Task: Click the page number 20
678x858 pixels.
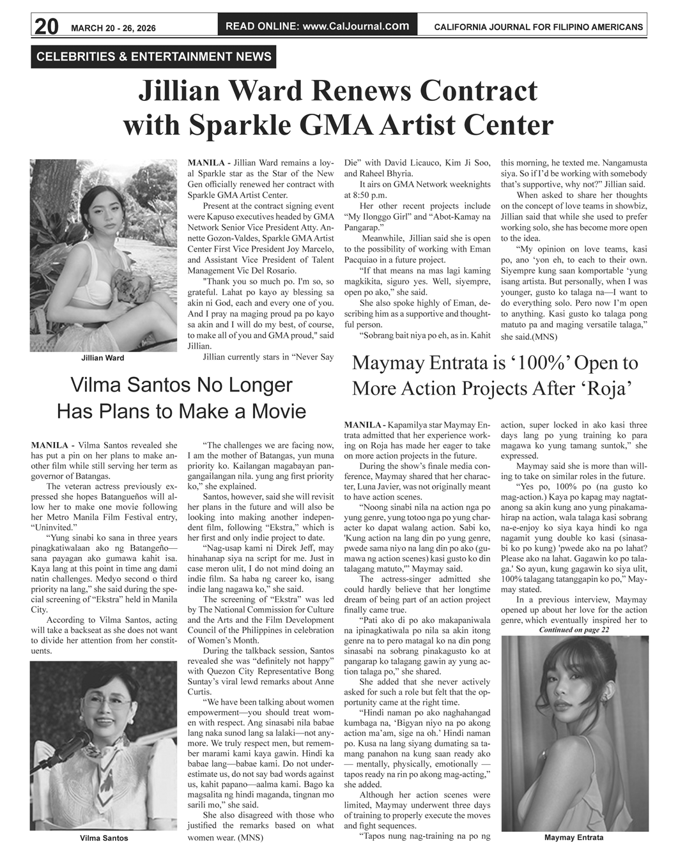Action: click(x=46, y=26)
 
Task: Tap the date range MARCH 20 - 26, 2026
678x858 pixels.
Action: click(x=113, y=28)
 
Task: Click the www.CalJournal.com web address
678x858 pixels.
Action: click(x=356, y=26)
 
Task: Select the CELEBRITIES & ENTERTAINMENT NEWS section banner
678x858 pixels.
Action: click(x=154, y=57)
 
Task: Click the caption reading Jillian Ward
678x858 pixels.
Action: click(x=103, y=358)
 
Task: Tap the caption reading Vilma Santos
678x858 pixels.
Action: click(x=104, y=838)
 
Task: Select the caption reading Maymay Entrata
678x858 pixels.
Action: click(x=573, y=838)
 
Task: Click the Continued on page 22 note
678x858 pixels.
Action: click(x=574, y=629)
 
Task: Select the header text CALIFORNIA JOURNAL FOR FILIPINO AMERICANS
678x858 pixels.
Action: click(x=538, y=27)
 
